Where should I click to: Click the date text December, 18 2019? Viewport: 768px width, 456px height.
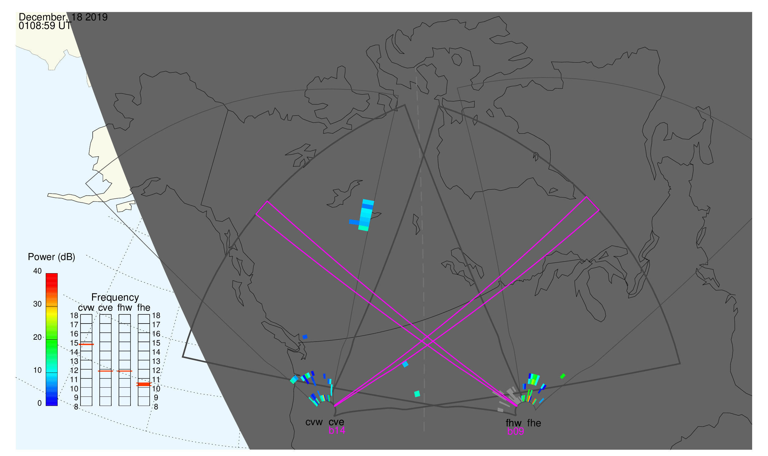pos(63,17)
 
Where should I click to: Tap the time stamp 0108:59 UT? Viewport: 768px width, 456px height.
pos(45,26)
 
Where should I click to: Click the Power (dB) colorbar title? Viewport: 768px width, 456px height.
pos(52,257)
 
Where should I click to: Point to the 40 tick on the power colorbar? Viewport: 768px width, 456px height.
pos(38,271)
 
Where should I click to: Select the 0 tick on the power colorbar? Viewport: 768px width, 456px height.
pos(39,403)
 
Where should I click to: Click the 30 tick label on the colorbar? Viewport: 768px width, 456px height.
pos(38,304)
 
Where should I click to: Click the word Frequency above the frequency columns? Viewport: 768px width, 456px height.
pos(115,298)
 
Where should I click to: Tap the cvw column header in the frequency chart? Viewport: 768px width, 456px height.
pos(86,308)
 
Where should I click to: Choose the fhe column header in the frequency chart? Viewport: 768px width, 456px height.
pos(144,308)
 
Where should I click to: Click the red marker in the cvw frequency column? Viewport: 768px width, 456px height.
pos(86,345)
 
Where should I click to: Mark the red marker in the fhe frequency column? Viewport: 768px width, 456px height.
pos(144,384)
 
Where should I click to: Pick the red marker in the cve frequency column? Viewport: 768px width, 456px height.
pos(105,371)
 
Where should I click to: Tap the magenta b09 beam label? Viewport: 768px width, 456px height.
pos(516,432)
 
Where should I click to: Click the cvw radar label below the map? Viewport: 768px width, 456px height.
pos(314,422)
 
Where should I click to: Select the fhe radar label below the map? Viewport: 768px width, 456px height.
pos(534,423)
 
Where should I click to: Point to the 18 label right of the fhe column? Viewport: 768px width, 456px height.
pos(156,316)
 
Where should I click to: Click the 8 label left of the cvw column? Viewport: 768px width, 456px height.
pos(76,407)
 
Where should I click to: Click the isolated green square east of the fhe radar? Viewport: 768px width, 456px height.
pos(563,376)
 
